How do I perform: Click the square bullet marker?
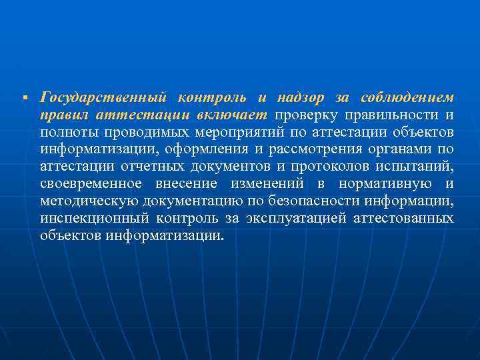point(23,99)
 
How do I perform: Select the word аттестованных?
point(406,219)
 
